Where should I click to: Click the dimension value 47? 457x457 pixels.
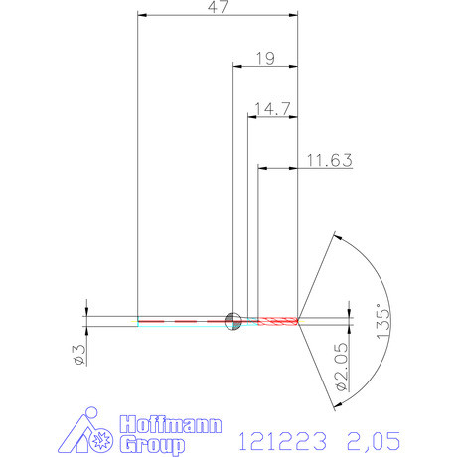click(x=218, y=7)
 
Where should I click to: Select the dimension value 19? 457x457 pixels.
click(x=264, y=58)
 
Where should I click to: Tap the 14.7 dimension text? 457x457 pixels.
click(x=272, y=107)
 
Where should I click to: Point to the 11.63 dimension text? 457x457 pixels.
click(x=328, y=158)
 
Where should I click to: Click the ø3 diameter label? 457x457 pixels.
click(x=80, y=353)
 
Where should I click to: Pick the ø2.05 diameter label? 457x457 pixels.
click(x=340, y=366)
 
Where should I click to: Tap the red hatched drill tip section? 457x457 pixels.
click(x=278, y=320)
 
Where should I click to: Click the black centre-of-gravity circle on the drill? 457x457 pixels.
click(x=233, y=320)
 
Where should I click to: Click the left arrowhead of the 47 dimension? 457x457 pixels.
click(x=141, y=16)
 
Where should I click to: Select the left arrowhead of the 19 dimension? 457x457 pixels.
click(x=236, y=67)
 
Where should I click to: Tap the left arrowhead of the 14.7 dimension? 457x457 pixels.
click(x=250, y=116)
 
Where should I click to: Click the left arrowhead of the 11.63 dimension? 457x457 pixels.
click(x=263, y=167)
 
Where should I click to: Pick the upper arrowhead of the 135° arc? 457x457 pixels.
click(x=338, y=236)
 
